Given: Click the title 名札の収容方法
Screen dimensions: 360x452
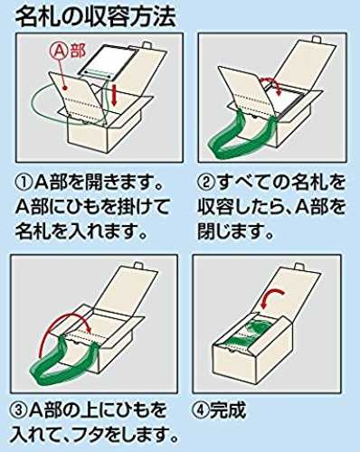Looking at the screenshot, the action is pos(95,17).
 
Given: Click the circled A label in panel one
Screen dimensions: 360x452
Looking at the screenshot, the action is pos(61,52).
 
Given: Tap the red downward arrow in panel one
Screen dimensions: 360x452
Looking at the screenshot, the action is pos(114,96).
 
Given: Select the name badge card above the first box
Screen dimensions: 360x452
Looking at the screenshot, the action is pos(109,63).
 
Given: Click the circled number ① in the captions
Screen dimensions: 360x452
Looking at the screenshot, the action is pos(24,183).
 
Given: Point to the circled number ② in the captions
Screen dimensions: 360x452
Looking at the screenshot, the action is pos(206,183).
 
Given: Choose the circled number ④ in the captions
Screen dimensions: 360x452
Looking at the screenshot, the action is pos(200,410).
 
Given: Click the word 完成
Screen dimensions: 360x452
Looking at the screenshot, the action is pos(228,410).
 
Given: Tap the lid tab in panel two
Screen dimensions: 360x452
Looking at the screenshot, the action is pos(317,40).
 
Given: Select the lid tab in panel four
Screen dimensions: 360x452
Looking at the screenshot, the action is pos(298,267).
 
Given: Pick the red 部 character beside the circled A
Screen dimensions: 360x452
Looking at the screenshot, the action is pos(78,52).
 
